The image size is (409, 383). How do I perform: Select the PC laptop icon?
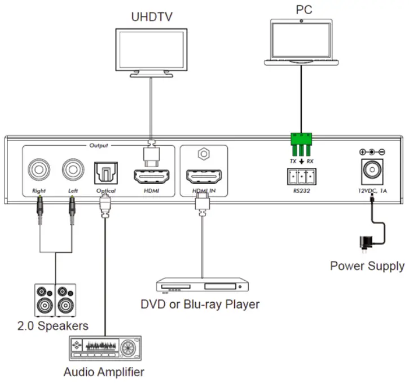(x=304, y=41)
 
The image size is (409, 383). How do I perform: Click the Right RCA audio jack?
(x=39, y=168)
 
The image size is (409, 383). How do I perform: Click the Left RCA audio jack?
(x=73, y=168)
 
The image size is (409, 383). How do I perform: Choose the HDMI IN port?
(x=204, y=176)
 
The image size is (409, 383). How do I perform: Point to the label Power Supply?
(x=367, y=266)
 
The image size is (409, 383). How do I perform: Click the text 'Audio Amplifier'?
(x=104, y=372)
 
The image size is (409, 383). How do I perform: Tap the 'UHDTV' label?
(x=151, y=16)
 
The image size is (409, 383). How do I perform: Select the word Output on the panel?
(x=99, y=145)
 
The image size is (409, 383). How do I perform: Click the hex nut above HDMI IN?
(x=204, y=154)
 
